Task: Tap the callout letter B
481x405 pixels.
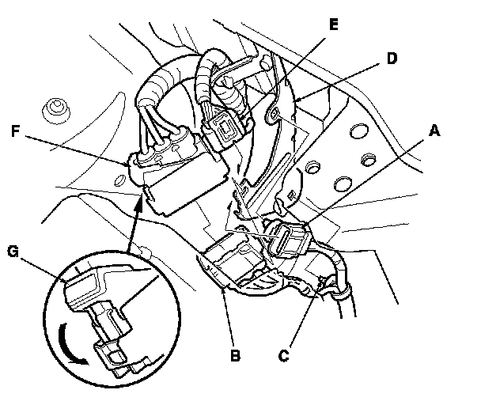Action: click(234, 355)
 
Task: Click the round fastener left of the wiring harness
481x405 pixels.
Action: click(55, 105)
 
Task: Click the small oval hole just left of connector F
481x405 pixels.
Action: click(119, 181)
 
